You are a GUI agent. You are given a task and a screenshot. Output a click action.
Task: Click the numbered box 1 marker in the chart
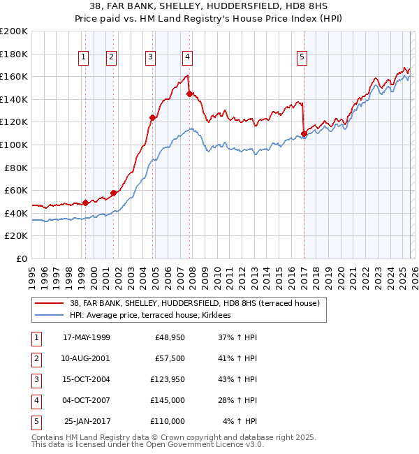[84, 57]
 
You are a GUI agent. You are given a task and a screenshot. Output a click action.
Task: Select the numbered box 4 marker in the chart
[188, 57]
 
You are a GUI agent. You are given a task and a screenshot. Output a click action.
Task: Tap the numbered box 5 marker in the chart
[302, 57]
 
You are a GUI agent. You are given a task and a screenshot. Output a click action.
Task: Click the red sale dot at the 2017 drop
[304, 133]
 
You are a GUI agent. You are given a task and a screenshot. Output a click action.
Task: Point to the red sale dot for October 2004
[152, 117]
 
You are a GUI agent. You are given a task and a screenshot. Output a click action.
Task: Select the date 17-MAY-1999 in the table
[86, 337]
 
